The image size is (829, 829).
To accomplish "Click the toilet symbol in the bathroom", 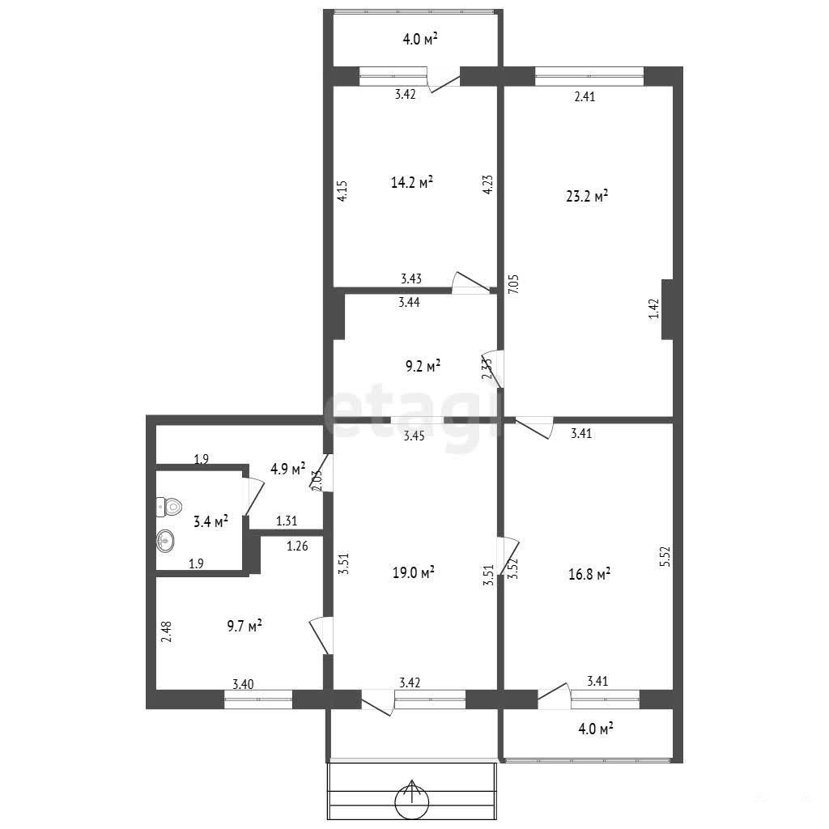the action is [x=170, y=507].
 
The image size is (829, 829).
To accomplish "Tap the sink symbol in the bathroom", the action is [x=165, y=542].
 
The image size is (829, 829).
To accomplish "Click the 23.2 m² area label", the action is [x=587, y=197].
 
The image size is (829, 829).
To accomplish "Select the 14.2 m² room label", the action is [x=412, y=182].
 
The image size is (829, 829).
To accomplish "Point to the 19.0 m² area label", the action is [x=414, y=572].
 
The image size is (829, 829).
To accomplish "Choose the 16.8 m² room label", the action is [x=589, y=574].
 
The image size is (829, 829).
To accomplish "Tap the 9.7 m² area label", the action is [x=244, y=626].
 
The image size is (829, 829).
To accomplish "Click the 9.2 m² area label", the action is [x=423, y=366].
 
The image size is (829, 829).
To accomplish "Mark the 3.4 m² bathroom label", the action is [x=210, y=522].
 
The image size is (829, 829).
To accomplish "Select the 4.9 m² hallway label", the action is [x=287, y=469].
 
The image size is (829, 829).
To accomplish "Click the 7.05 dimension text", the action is [x=513, y=284].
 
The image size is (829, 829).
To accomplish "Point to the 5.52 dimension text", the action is [x=665, y=557].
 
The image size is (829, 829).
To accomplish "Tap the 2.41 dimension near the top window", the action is [x=585, y=96].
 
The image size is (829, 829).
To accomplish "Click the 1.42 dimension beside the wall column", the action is [x=654, y=308].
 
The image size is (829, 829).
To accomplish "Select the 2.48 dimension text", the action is [x=166, y=631].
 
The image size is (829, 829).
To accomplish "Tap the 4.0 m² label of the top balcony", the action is [x=420, y=39].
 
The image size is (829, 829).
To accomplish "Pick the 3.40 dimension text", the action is [x=243, y=684].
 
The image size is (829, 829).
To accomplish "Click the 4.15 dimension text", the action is [x=342, y=191].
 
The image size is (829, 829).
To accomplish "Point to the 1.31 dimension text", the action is [x=287, y=521].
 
